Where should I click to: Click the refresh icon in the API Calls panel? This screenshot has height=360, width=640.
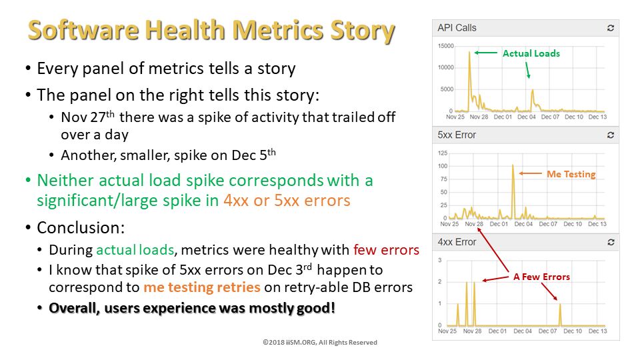tap(610, 28)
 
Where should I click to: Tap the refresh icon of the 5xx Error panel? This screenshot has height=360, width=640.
tap(610, 135)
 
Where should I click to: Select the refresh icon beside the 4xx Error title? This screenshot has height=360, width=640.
tap(611, 242)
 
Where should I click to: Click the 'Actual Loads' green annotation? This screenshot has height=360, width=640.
tap(531, 53)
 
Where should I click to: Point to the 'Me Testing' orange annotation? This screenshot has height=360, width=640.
tap(571, 174)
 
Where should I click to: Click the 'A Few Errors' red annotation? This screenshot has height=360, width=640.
tap(541, 277)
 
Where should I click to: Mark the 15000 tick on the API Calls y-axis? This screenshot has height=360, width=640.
tap(446, 46)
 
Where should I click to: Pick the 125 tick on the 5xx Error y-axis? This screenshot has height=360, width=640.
tap(443, 153)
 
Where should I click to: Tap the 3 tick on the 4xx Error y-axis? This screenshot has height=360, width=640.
tap(440, 260)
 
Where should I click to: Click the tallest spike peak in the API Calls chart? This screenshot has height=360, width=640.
tap(469, 52)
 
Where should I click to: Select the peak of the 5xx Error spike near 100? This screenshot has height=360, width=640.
tap(513, 165)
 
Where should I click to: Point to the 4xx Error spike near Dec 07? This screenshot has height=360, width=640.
tap(560, 315)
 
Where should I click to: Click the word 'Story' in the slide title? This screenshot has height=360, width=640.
tap(363, 31)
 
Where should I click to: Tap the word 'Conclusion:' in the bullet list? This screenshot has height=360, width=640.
tap(81, 228)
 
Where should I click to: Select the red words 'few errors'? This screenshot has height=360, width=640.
tap(386, 250)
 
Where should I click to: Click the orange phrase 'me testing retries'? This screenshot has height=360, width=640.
tap(202, 287)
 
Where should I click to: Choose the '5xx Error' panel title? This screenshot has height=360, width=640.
tap(457, 135)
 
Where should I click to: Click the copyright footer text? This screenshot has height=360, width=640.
tap(320, 343)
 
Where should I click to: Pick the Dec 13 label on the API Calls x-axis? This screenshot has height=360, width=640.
tap(597, 117)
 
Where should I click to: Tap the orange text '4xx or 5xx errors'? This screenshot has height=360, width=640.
tap(287, 201)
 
